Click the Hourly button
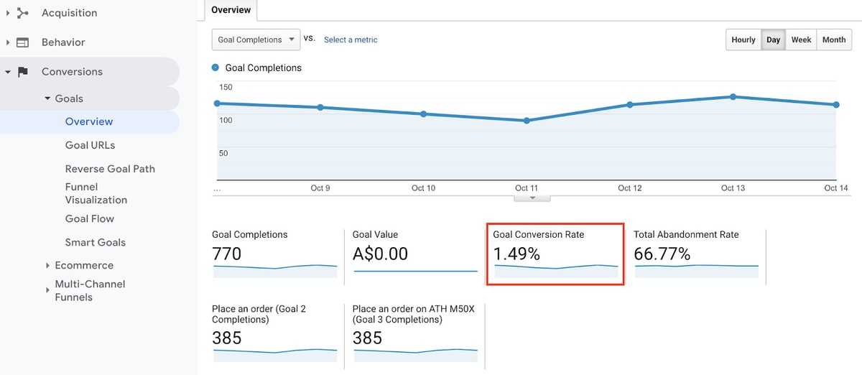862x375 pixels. [x=743, y=40]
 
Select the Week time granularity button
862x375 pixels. [x=801, y=40]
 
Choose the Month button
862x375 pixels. [x=834, y=40]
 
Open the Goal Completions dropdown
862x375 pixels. [x=256, y=40]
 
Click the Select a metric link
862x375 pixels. [x=351, y=40]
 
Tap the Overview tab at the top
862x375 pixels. [x=231, y=10]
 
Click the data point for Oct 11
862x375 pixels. [x=527, y=121]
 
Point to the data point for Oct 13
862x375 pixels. [x=733, y=97]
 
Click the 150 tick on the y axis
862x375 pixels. [x=226, y=87]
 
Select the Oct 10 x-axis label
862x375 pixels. [x=423, y=188]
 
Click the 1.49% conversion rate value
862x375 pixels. [x=516, y=254]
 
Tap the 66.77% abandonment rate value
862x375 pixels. [x=662, y=254]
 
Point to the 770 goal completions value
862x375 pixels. [x=227, y=254]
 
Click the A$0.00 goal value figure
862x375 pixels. [x=380, y=254]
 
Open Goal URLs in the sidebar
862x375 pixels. [x=90, y=145]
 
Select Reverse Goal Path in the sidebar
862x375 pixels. [x=110, y=169]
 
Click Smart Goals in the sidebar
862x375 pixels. [x=96, y=242]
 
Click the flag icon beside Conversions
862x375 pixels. [x=23, y=72]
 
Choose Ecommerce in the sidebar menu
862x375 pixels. [x=84, y=265]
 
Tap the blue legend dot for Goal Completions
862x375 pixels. [x=215, y=68]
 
